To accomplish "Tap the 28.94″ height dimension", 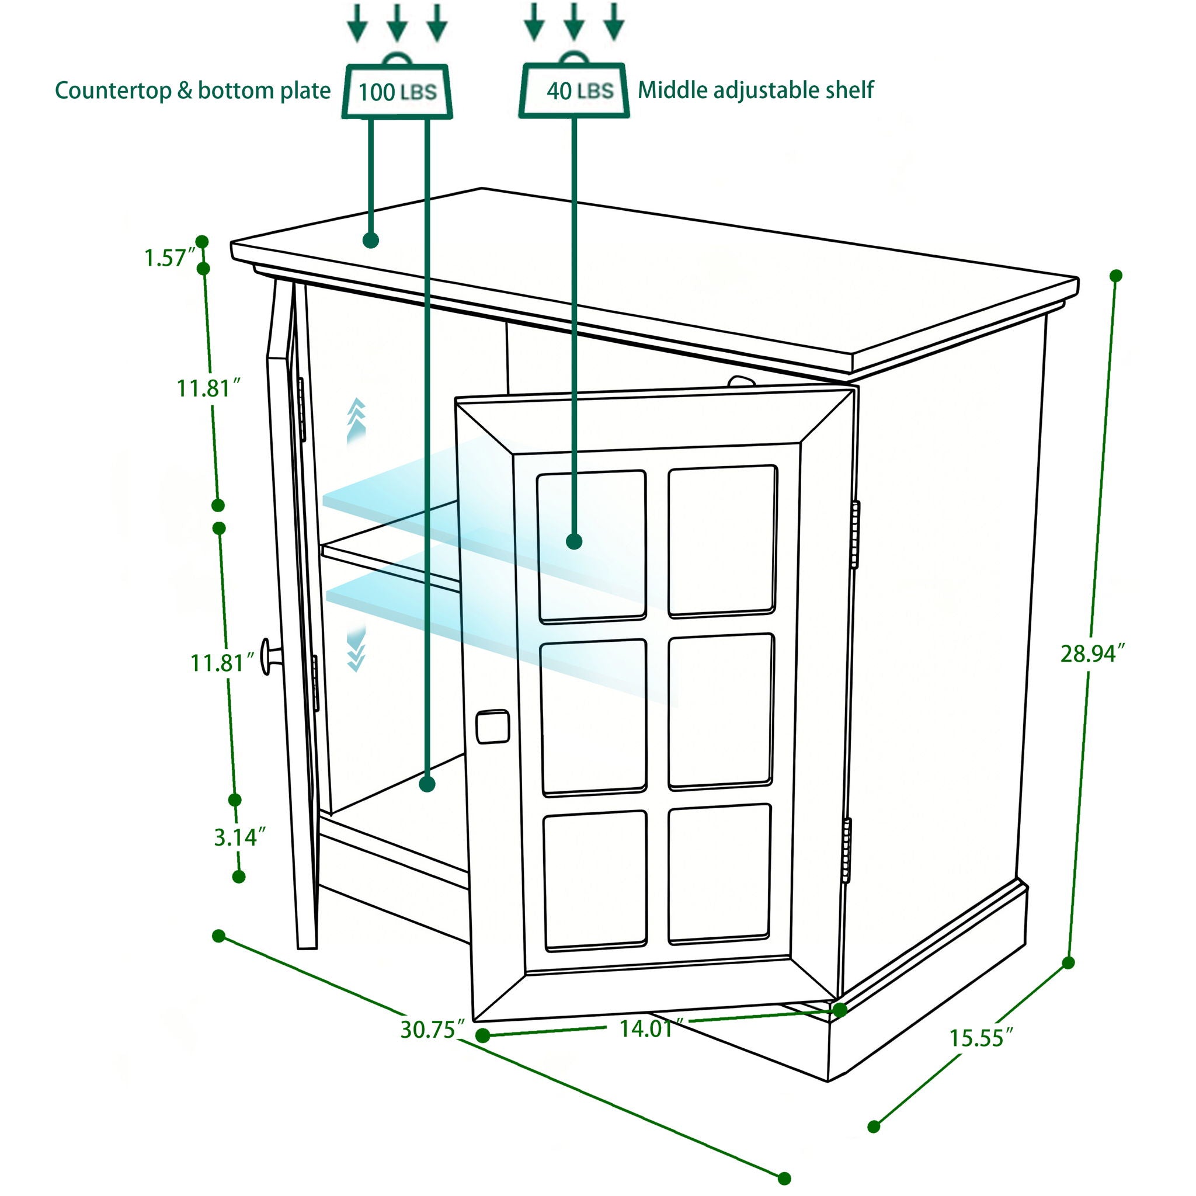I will (x=1091, y=653).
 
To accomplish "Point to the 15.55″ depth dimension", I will (x=981, y=1038).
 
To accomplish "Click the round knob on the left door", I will (x=270, y=656).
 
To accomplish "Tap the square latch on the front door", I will (x=492, y=726).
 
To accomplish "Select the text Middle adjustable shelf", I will (x=755, y=91).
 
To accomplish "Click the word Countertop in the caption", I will (x=113, y=91).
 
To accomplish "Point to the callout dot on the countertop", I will (x=370, y=240).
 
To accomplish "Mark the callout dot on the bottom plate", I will (x=426, y=784).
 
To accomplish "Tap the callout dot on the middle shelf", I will (x=574, y=541).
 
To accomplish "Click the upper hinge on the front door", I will (x=855, y=535).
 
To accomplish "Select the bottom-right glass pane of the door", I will (x=719, y=874).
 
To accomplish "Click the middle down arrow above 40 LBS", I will (x=574, y=22).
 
